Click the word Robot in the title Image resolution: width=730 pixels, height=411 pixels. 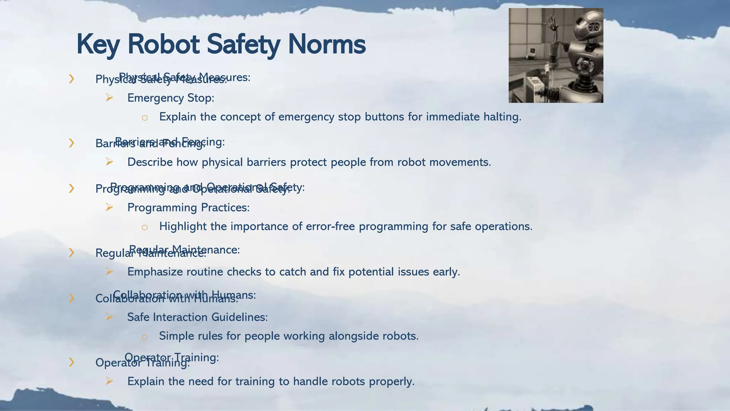pyautogui.click(x=163, y=44)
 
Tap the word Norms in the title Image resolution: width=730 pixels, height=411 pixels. pyautogui.click(x=327, y=44)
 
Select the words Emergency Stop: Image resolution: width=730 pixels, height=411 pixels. pyautogui.click(x=171, y=98)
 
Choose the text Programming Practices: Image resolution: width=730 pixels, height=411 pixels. pyautogui.click(x=188, y=207)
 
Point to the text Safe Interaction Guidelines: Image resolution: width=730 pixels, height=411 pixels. pyautogui.click(x=197, y=317)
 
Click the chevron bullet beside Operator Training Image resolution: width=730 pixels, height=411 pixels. pyautogui.click(x=72, y=362)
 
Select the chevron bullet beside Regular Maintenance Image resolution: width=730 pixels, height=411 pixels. pyautogui.click(x=72, y=253)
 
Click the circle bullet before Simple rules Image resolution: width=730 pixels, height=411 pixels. pyautogui.click(x=144, y=337)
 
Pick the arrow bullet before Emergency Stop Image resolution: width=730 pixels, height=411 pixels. pyautogui.click(x=109, y=97)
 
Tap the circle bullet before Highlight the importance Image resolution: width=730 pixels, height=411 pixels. pyautogui.click(x=144, y=227)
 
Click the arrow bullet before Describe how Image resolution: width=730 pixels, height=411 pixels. pyautogui.click(x=109, y=162)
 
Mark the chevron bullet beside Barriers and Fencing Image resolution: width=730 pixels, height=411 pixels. pyautogui.click(x=72, y=143)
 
